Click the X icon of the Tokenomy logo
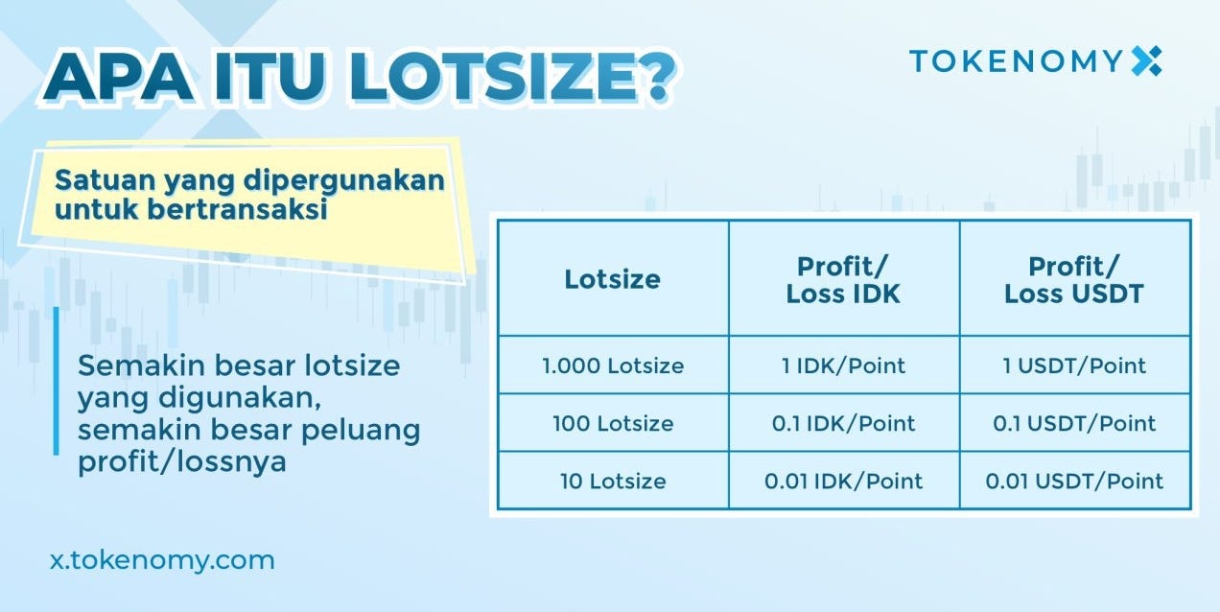coord(1146,60)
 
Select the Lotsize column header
coord(612,279)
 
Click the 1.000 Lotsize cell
coord(613,365)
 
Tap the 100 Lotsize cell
coord(613,423)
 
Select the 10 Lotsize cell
coord(613,481)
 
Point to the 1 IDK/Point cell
coord(843,365)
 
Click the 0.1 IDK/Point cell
coord(843,423)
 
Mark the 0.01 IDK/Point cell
coord(843,481)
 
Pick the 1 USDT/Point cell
coord(1074,365)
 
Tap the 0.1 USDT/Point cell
coord(1074,423)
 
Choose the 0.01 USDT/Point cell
coord(1074,481)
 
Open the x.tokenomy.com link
coord(162,560)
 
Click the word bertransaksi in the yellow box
coord(238,209)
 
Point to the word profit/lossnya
coord(182,461)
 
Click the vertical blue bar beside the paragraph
coord(56,381)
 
